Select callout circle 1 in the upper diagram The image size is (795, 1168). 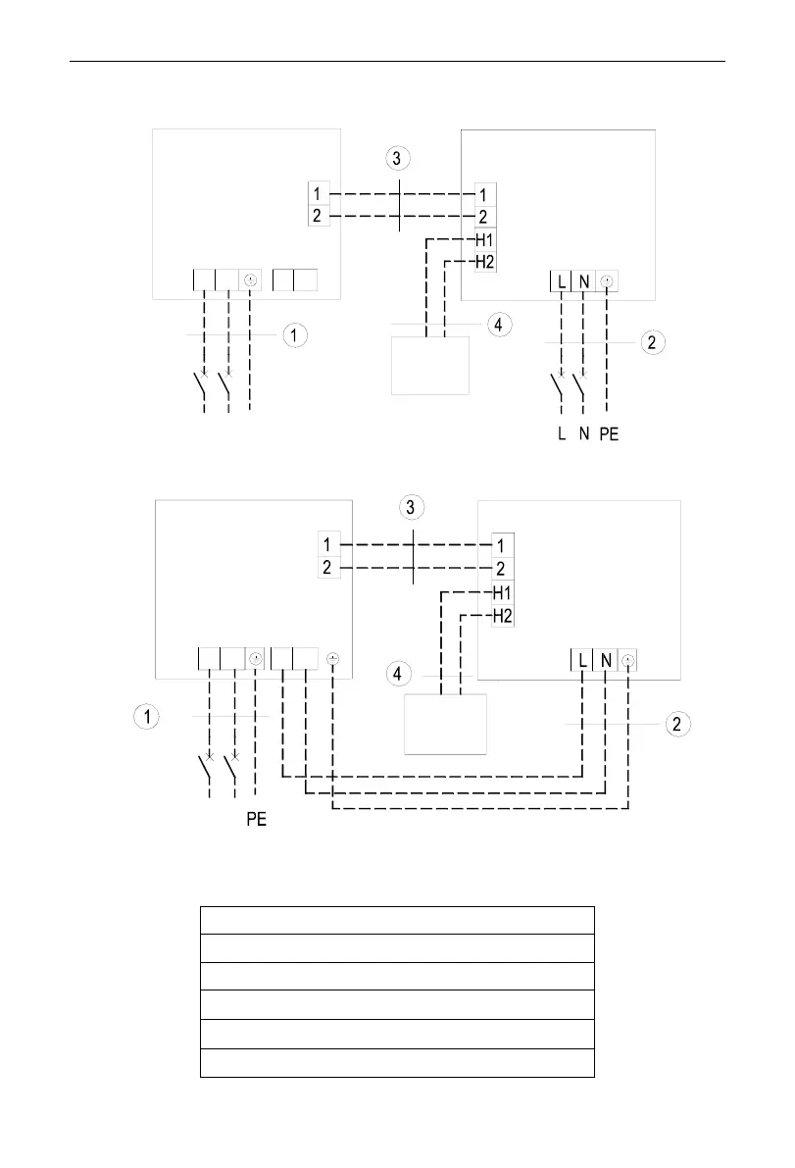pyautogui.click(x=295, y=335)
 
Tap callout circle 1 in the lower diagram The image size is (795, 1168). pyautogui.click(x=145, y=718)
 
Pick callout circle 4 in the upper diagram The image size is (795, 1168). pyautogui.click(x=499, y=324)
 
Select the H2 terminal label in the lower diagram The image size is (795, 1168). pyautogui.click(x=502, y=615)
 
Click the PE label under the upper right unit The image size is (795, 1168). pyautogui.click(x=609, y=434)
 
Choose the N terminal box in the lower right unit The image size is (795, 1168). pyautogui.click(x=606, y=661)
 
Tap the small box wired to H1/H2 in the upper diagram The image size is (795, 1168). pyautogui.click(x=430, y=365)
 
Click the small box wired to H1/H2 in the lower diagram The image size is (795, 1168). pyautogui.click(x=446, y=724)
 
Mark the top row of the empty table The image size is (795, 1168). pyautogui.click(x=397, y=920)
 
